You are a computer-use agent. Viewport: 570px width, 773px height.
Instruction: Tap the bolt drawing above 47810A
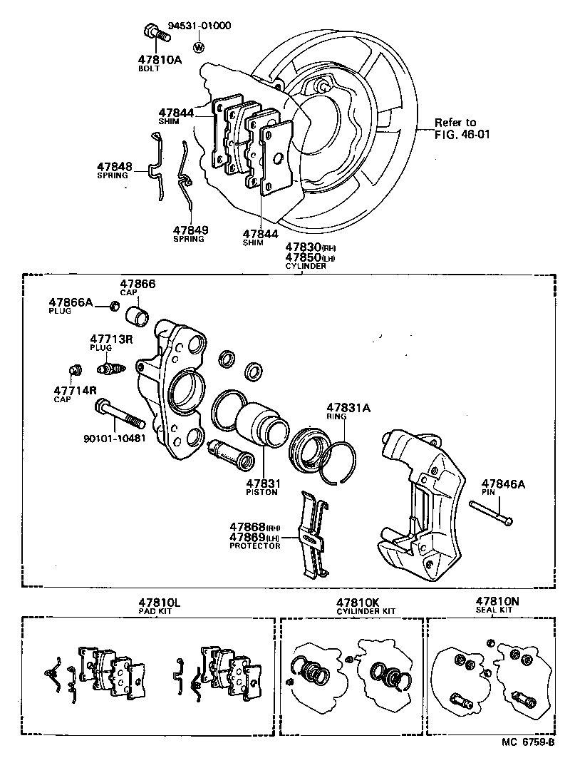pyautogui.click(x=152, y=32)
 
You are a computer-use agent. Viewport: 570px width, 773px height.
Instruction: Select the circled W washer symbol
pyautogui.click(x=199, y=47)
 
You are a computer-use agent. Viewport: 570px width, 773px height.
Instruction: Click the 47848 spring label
pyautogui.click(x=115, y=166)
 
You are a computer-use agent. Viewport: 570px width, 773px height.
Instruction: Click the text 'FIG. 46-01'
pyautogui.click(x=462, y=133)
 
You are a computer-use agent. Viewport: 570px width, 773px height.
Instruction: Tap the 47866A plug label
pyautogui.click(x=71, y=302)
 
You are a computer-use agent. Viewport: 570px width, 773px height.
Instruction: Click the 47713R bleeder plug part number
pyautogui.click(x=111, y=339)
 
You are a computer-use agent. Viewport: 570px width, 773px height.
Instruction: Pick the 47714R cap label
pyautogui.click(x=71, y=390)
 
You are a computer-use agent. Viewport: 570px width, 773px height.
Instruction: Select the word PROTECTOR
pyautogui.click(x=254, y=546)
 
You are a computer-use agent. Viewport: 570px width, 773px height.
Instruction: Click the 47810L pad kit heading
pyautogui.click(x=160, y=603)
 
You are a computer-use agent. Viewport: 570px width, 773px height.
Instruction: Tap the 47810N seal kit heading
pyautogui.click(x=497, y=601)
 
